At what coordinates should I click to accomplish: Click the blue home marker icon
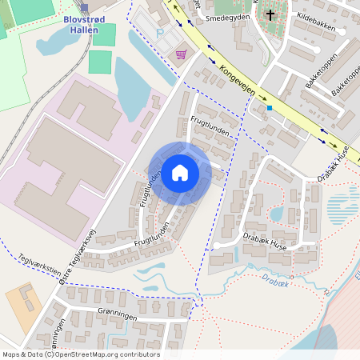point(180,173)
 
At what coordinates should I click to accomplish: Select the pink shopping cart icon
point(182,54)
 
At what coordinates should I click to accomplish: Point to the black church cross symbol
point(270,14)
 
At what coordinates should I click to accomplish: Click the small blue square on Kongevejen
point(270,108)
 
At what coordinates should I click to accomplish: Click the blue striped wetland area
point(343,210)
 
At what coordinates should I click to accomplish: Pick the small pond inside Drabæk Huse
point(277,214)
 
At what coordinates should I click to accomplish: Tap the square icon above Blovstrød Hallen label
point(84,7)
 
